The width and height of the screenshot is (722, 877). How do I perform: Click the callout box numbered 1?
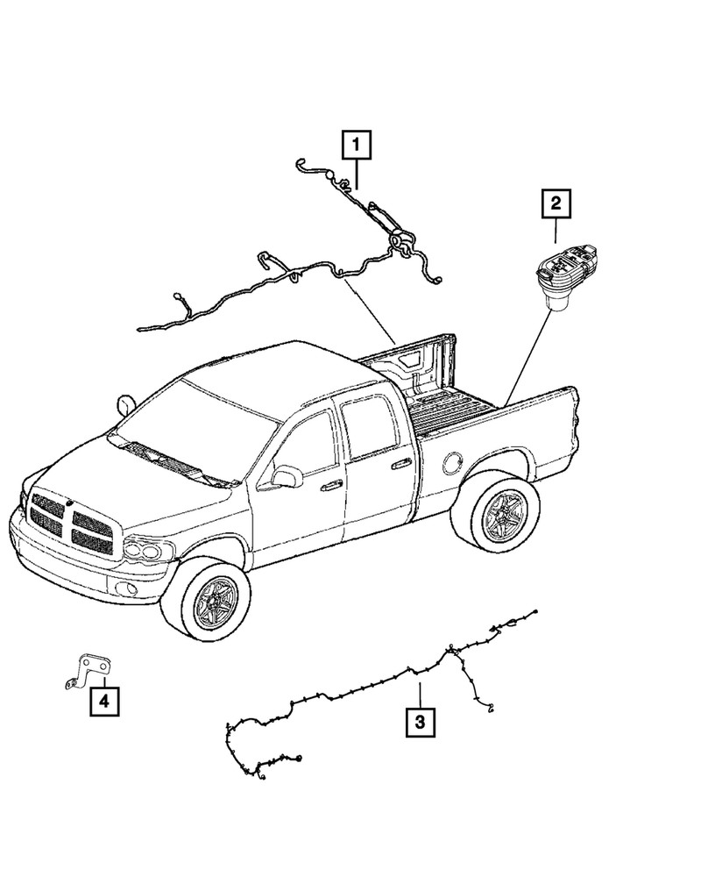357,145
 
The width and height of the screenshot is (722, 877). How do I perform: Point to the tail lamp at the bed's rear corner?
574,421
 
